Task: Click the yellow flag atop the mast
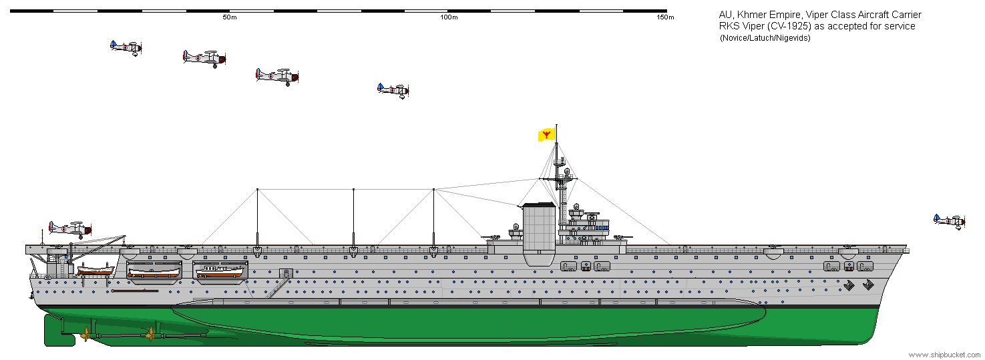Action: pos(547,136)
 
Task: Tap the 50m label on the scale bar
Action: pos(229,17)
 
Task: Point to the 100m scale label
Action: pos(449,17)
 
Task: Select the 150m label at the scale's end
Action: pos(665,17)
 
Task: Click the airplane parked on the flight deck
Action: pos(69,228)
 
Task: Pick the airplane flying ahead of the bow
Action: pos(950,222)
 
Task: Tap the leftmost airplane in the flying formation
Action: pos(126,47)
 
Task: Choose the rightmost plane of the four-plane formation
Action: pos(393,89)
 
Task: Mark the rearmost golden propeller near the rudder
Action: pos(86,333)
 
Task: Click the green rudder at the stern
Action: pos(53,330)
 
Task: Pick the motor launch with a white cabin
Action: pos(220,271)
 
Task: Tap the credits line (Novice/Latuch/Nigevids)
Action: pos(765,37)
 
